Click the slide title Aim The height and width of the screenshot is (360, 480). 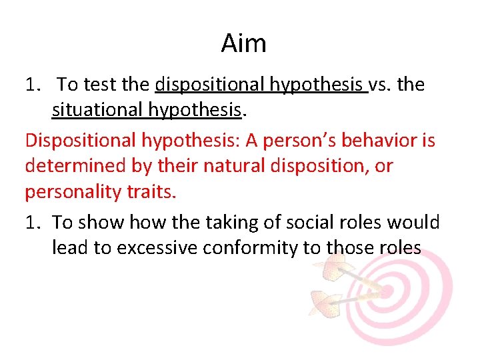tap(243, 44)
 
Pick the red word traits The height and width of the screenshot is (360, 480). tap(153, 193)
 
